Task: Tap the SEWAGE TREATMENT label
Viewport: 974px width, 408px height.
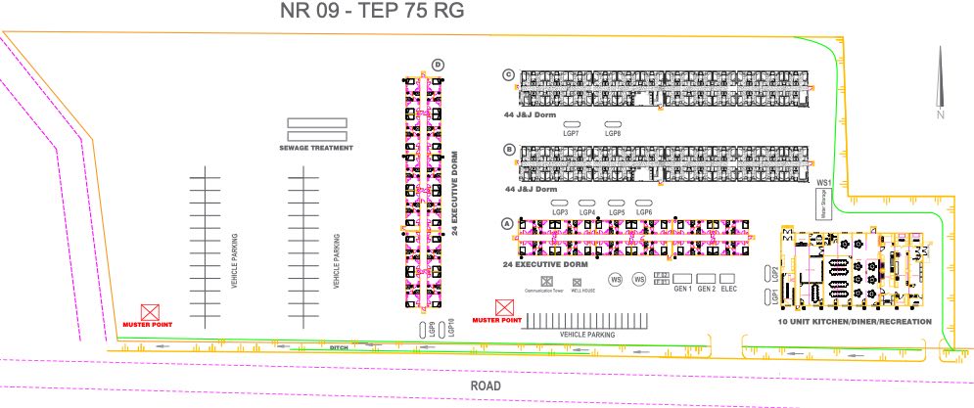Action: pyautogui.click(x=316, y=148)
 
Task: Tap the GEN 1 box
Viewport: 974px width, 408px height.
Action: pyautogui.click(x=681, y=278)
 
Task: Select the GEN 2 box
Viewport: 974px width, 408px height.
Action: pyautogui.click(x=706, y=278)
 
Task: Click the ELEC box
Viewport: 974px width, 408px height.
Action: pyautogui.click(x=729, y=278)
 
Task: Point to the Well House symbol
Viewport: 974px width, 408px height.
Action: pyautogui.click(x=577, y=282)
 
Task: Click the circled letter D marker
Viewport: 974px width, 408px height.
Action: pyautogui.click(x=438, y=66)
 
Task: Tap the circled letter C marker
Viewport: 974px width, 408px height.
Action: pyautogui.click(x=508, y=74)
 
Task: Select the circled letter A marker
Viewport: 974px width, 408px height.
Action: pyautogui.click(x=506, y=223)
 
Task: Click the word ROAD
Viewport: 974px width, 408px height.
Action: pyautogui.click(x=486, y=386)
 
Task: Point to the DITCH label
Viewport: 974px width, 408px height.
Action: pyautogui.click(x=340, y=345)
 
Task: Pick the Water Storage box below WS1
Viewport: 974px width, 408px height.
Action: pyautogui.click(x=823, y=204)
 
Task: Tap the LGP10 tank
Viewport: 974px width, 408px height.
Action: pyautogui.click(x=451, y=328)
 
